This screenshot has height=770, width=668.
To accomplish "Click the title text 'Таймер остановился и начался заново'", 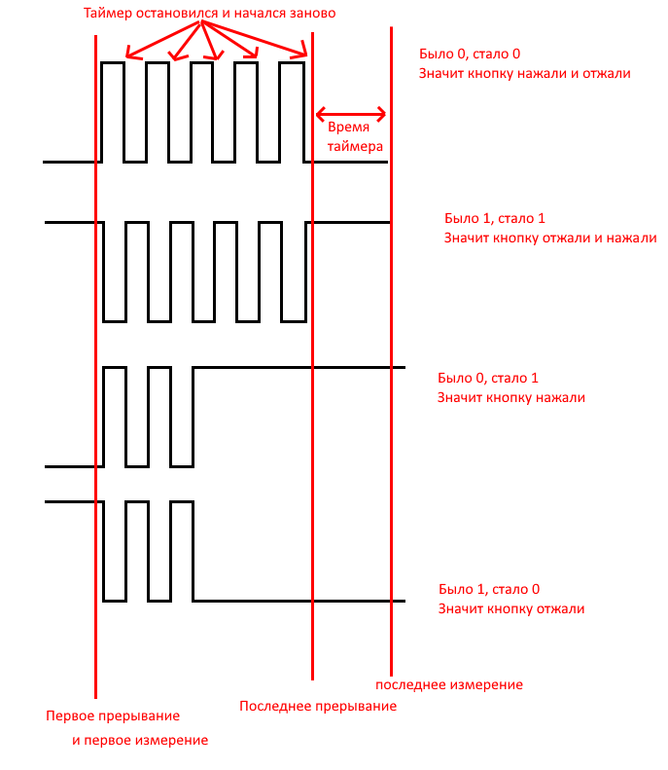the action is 209,14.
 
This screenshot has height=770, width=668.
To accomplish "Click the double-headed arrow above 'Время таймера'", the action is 351,115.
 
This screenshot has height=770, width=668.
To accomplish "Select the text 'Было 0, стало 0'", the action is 470,54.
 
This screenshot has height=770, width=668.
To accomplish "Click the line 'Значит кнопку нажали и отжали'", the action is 524,74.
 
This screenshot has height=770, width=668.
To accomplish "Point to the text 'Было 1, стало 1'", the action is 494,218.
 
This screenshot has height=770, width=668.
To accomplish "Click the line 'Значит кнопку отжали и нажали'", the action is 550,238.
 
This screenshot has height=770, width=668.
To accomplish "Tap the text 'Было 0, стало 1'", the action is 487,378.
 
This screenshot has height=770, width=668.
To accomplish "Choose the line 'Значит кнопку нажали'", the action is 511,398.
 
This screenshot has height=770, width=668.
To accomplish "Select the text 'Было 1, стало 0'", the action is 489,589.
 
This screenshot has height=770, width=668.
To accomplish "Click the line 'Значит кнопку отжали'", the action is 511,609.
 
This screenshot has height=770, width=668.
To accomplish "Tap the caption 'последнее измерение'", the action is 449,685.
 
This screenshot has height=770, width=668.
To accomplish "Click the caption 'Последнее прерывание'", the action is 318,707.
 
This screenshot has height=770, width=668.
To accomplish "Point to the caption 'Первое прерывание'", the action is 113,716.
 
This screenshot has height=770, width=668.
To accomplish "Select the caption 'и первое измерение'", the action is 140,741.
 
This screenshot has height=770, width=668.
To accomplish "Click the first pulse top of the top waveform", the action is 113,62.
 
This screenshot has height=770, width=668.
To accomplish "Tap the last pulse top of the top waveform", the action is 292,62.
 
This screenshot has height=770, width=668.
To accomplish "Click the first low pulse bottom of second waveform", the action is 115,321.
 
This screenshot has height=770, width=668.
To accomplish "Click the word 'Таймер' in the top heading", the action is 108,14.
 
